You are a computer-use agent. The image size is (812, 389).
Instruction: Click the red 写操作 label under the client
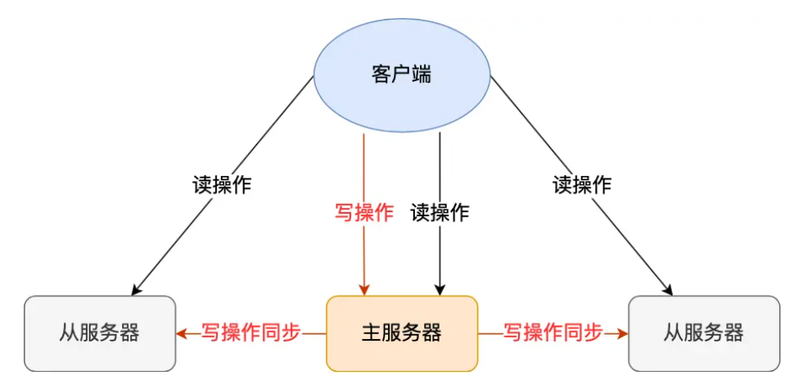point(363,213)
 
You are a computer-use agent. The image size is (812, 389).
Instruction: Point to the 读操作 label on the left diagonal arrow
point(221,184)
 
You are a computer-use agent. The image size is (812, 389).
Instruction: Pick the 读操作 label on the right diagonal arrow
point(582,184)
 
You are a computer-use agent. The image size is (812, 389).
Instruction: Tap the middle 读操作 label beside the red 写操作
point(440,213)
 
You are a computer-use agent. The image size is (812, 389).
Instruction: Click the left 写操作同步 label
point(251,332)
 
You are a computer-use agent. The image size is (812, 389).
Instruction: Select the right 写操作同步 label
point(553,332)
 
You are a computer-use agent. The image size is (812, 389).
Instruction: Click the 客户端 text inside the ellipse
point(402,76)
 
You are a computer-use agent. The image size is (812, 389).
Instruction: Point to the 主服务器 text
point(401,333)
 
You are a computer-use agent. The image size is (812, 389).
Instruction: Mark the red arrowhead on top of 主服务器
point(363,289)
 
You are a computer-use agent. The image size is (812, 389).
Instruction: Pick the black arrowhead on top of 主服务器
point(440,289)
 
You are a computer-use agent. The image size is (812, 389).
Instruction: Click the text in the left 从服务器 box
point(100,333)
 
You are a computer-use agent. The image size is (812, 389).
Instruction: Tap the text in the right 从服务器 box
point(704,333)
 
